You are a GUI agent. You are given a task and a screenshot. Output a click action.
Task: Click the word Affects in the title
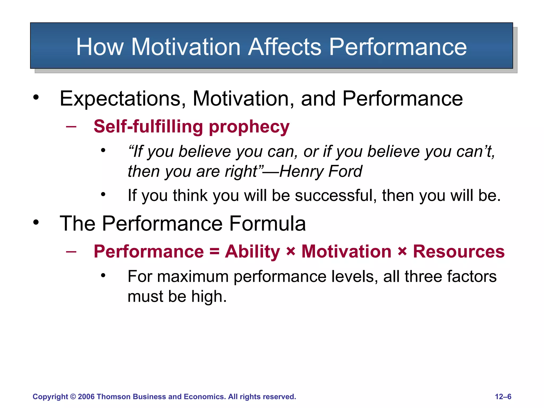[x=284, y=47]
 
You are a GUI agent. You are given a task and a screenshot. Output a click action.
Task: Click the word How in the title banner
[x=100, y=47]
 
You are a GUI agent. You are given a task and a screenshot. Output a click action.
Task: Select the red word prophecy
[x=249, y=127]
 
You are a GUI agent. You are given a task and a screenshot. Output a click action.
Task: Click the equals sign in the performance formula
[x=214, y=252]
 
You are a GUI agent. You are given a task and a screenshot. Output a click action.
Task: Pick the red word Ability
[x=252, y=252]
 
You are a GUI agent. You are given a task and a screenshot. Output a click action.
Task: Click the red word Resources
[x=459, y=252]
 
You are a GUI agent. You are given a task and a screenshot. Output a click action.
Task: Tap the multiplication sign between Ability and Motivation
[x=291, y=252]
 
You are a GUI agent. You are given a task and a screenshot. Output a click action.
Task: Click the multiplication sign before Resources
[x=402, y=252]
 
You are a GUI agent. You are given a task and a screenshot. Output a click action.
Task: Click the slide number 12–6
[x=503, y=397]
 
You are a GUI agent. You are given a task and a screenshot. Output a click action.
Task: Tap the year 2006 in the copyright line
[x=86, y=397]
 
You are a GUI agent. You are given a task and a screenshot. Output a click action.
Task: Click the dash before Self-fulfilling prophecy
[x=71, y=127]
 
